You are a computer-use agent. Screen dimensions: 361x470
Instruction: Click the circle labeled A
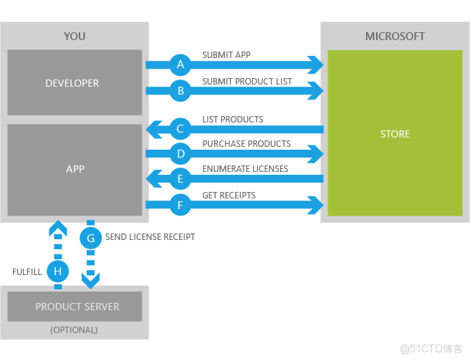click(x=181, y=65)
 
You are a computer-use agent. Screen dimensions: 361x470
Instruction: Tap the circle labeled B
click(x=181, y=91)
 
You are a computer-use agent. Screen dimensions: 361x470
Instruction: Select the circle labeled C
click(x=181, y=130)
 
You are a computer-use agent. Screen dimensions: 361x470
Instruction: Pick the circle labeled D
click(x=181, y=153)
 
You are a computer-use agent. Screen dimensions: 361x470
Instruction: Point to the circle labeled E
click(x=181, y=179)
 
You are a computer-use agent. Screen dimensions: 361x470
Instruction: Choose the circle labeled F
click(x=181, y=206)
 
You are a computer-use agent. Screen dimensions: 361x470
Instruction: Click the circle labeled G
click(x=90, y=238)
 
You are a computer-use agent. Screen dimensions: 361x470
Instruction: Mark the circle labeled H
click(x=58, y=271)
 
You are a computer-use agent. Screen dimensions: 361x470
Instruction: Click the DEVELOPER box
click(x=75, y=82)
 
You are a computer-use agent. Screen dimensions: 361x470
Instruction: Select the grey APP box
click(x=75, y=169)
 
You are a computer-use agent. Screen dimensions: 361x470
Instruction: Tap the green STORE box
click(x=395, y=133)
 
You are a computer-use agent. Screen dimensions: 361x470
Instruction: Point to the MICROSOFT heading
click(x=395, y=36)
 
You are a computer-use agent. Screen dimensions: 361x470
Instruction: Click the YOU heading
click(x=75, y=36)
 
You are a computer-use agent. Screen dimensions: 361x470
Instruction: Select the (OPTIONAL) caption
click(x=74, y=330)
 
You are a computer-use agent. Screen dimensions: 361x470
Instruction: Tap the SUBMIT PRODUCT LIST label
click(x=247, y=82)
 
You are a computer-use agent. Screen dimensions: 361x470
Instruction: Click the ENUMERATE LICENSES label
click(x=245, y=169)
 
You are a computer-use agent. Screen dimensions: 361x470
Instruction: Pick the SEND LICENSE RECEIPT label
click(x=150, y=237)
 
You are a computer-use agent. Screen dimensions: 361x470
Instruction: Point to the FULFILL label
click(x=28, y=272)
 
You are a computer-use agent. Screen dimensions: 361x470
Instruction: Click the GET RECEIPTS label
click(x=229, y=195)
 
